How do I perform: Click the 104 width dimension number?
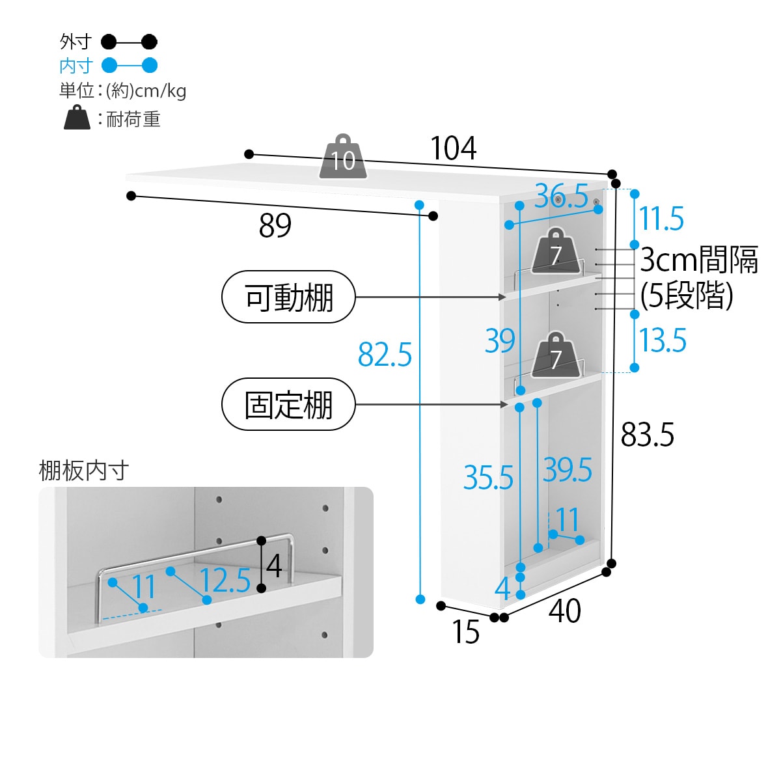point(453,149)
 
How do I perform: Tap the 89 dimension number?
point(275,226)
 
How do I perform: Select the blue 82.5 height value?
point(385,355)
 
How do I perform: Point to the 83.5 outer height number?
point(647,434)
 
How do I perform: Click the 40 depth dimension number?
point(564,611)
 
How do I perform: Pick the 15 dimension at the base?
point(465,632)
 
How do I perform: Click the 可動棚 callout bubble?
point(289,297)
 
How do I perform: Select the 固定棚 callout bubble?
point(289,405)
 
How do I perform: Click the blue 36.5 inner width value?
point(561,196)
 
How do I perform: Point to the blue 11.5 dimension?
point(661,219)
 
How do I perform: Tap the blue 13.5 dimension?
point(663,340)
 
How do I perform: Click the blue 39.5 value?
point(568,470)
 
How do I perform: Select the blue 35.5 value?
point(488,478)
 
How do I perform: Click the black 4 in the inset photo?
point(274,566)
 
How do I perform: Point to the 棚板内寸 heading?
point(84,471)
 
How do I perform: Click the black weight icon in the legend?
point(77,118)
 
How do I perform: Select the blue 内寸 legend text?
point(76,66)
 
